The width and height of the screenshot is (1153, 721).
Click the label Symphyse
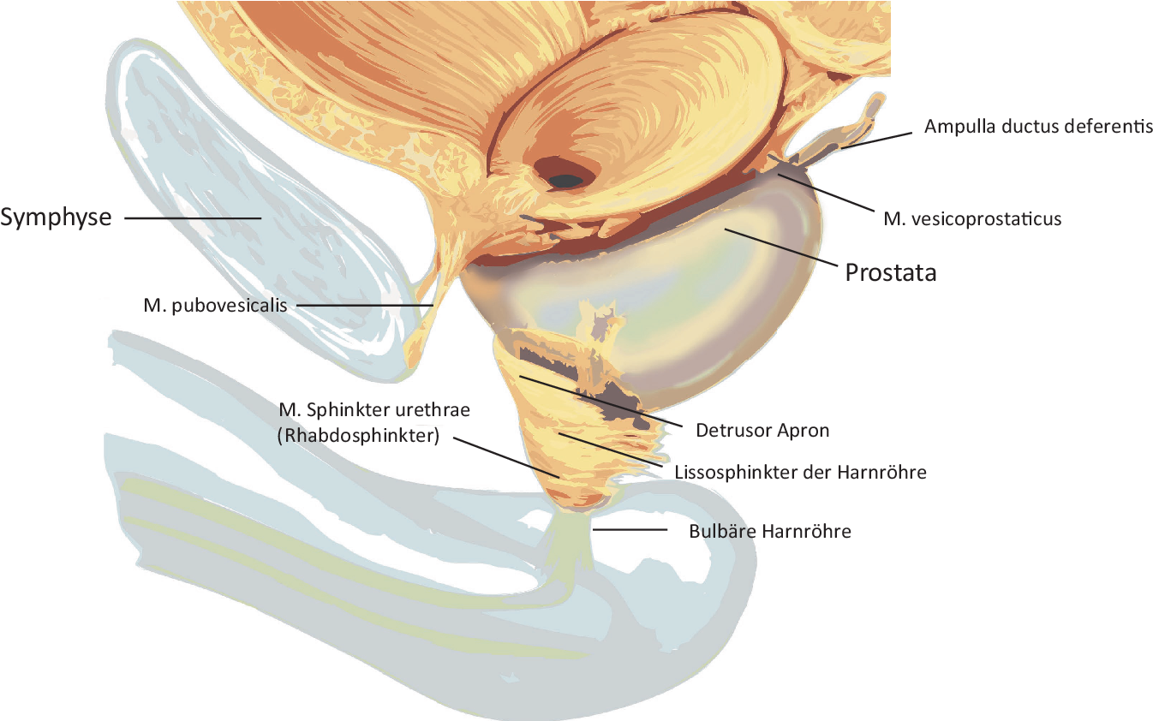coord(56,217)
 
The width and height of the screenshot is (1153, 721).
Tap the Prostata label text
coord(891,273)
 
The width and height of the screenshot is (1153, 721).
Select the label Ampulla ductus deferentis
coord(1038,127)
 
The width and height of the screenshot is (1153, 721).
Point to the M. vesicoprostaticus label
coord(972,219)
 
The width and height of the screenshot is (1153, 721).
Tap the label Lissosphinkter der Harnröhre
coord(800,472)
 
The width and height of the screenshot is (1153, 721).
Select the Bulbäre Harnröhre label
coord(770,531)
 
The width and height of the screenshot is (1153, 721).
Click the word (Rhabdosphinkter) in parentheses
coord(359,436)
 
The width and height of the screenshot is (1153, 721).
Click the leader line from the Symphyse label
coord(193,218)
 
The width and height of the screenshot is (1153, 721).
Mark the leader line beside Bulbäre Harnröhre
coord(630,530)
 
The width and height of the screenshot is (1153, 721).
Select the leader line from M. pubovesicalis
coord(363,305)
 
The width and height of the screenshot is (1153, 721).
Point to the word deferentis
coord(1112,127)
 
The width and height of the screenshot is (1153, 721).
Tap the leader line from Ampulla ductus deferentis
coord(882,137)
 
